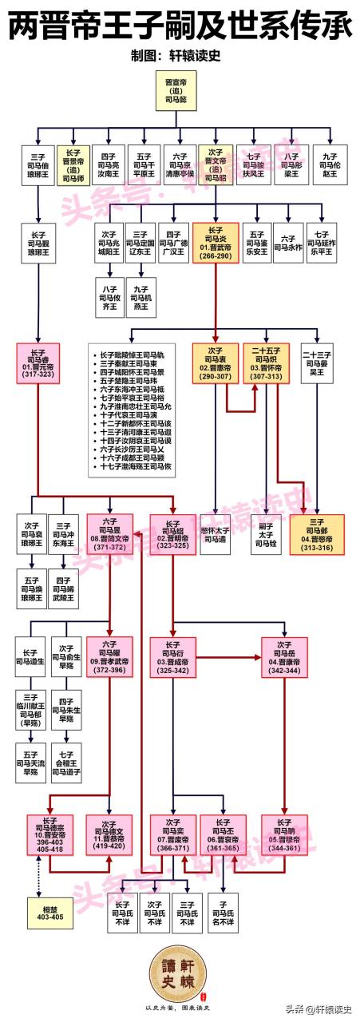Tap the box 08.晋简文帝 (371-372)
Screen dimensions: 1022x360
coord(109,533)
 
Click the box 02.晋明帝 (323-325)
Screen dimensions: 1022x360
coord(172,533)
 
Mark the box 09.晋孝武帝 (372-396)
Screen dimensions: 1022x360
coord(109,656)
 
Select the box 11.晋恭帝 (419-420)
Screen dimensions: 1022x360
coord(109,835)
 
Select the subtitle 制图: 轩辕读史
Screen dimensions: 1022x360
coord(179,57)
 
